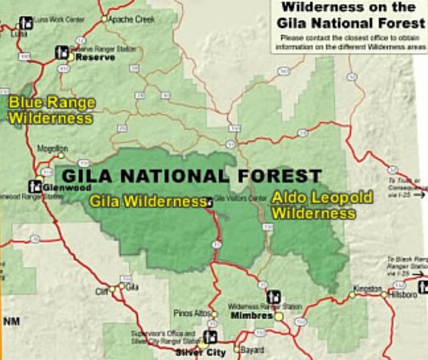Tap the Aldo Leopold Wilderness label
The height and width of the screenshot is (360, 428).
tap(313, 205)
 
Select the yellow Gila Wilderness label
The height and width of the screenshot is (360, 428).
tap(147, 201)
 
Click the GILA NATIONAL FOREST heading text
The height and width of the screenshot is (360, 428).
tap(192, 177)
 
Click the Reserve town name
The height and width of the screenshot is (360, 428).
tap(95, 58)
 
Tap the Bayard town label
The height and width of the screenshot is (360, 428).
tap(252, 349)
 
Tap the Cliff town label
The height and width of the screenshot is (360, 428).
tap(102, 291)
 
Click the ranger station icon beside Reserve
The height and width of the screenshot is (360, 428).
tap(62, 52)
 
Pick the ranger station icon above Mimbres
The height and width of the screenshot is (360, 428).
tap(273, 296)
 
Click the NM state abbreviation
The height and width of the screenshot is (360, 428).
tap(12, 323)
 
